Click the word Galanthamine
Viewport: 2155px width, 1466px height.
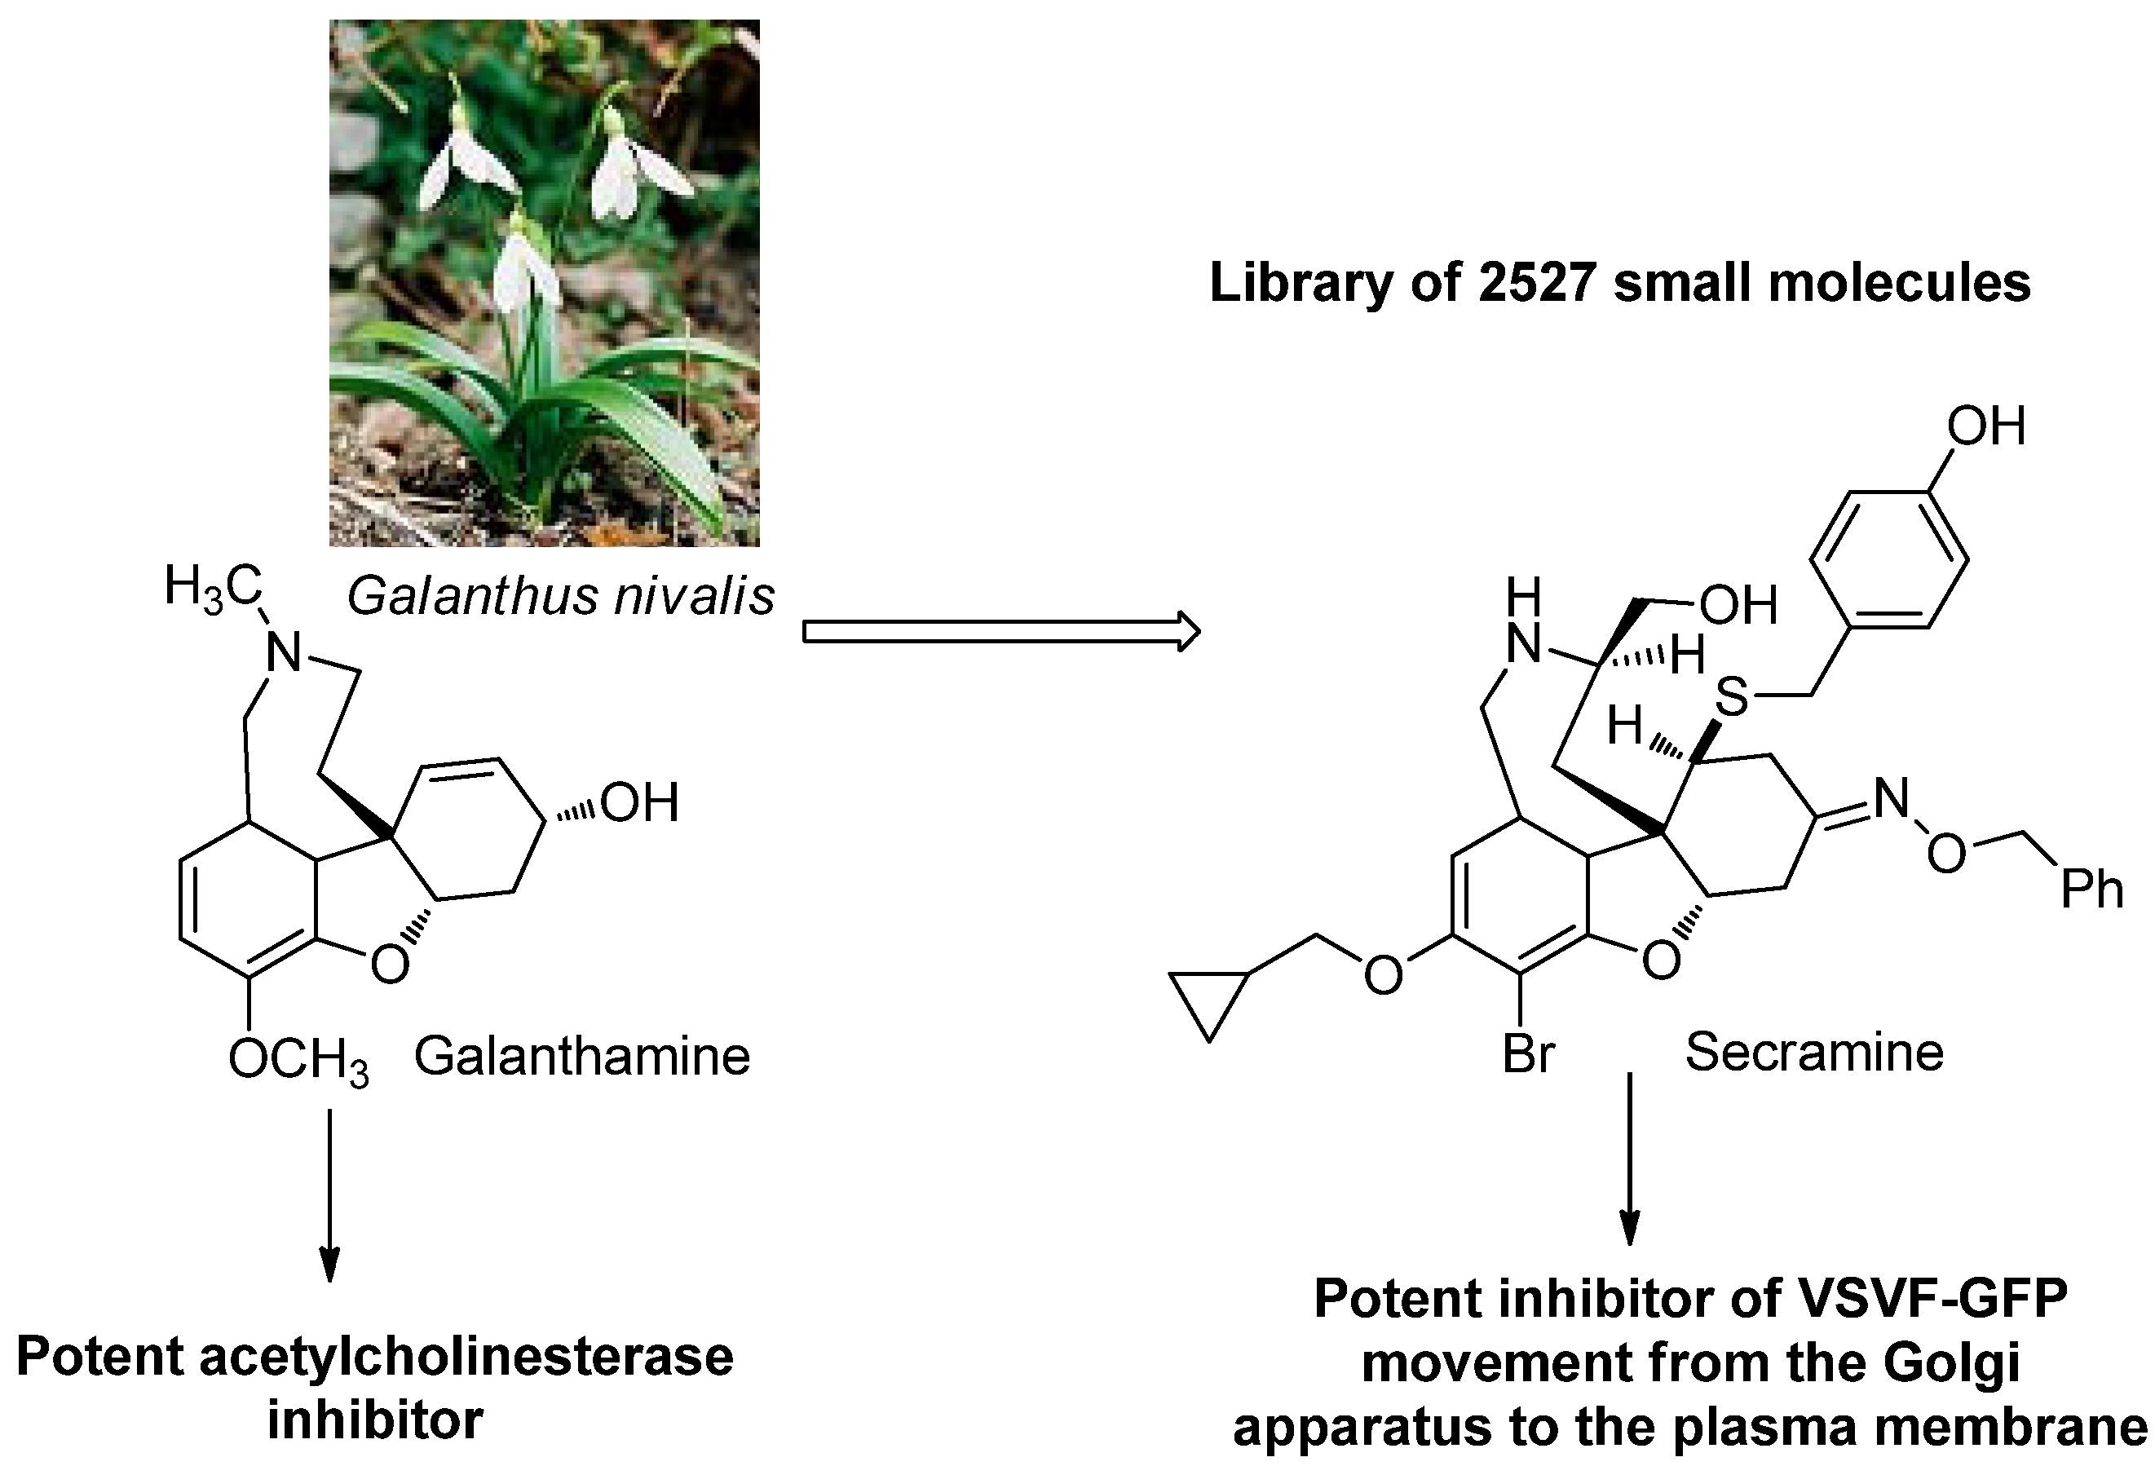click(581, 1056)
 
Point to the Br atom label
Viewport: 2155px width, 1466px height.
click(1528, 1053)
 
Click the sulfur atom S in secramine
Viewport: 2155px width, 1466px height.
click(1731, 696)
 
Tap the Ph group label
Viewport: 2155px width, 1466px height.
click(2092, 890)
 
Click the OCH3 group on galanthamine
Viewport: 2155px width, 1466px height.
click(298, 1060)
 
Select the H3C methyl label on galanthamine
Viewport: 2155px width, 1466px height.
click(212, 588)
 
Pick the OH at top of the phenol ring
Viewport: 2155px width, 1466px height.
click(1985, 427)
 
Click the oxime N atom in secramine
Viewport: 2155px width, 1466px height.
click(1892, 798)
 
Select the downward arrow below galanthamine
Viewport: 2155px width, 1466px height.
click(329, 1196)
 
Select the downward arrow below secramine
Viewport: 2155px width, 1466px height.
click(1629, 1159)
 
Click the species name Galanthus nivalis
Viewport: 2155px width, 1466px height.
click(560, 596)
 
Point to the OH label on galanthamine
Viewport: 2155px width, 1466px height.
click(640, 803)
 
